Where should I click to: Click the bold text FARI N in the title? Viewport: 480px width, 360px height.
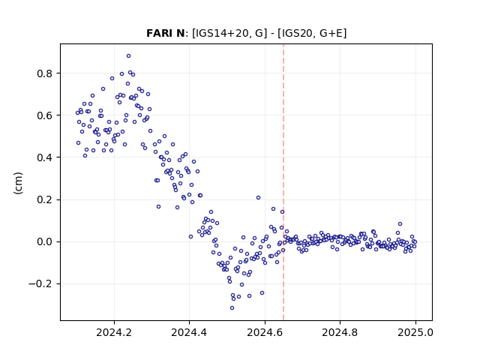coord(165,33)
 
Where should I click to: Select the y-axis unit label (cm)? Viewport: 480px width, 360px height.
coord(18,183)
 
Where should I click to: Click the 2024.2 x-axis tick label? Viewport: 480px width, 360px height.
coord(114,332)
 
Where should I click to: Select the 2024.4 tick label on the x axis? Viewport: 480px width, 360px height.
coord(189,332)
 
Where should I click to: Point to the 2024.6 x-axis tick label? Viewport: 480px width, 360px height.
coord(265,332)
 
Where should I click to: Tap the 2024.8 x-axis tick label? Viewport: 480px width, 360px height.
coord(340,332)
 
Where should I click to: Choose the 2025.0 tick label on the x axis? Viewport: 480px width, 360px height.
coord(415,332)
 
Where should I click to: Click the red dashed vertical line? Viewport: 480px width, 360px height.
coord(283,182)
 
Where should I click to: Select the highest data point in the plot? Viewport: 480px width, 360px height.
coord(128,55)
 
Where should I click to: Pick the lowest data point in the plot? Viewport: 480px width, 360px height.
coord(232,307)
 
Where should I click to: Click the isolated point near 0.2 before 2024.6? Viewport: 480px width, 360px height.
coord(258,198)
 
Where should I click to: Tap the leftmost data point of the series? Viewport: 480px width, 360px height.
coord(77,113)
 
